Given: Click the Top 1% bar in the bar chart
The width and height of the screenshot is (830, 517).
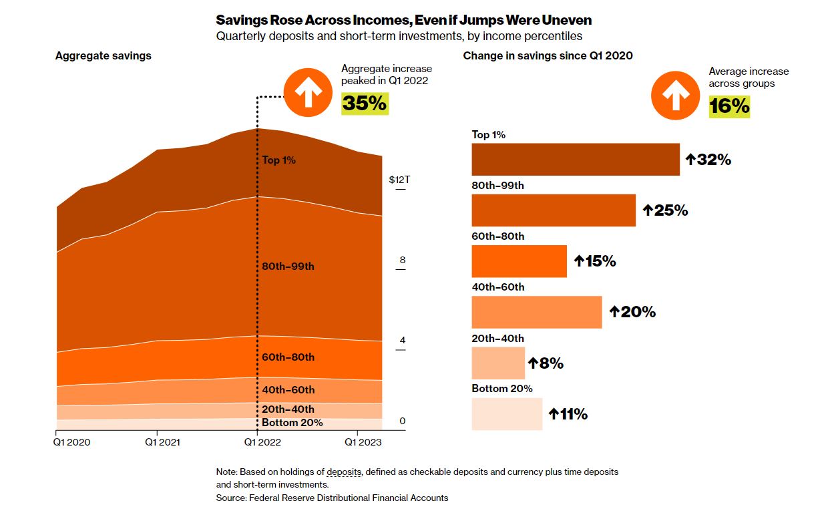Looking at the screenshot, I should [576, 160].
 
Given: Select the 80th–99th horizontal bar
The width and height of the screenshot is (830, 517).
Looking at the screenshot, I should [554, 210].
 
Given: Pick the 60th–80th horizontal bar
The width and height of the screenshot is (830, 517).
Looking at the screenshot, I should [519, 261].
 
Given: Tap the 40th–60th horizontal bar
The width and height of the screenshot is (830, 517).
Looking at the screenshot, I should [536, 312].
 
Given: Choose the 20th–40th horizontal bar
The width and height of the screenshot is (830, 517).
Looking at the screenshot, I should [498, 363].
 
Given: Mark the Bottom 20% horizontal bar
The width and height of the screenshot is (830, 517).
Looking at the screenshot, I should [507, 414].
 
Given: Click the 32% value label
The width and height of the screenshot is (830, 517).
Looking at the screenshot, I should [708, 160].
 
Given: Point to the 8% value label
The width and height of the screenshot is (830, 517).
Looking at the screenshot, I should [546, 363].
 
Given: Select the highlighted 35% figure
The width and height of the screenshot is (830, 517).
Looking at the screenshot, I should [365, 104].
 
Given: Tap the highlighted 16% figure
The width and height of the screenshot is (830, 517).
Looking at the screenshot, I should [729, 106].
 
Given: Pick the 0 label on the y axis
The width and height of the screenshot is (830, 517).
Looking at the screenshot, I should [402, 421].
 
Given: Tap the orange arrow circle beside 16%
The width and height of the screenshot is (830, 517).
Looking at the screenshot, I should [675, 96].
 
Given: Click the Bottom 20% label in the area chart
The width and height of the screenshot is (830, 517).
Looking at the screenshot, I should [292, 423].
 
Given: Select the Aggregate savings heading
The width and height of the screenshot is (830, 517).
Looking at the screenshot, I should [103, 56].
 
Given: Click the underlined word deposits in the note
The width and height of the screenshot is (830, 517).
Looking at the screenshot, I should [344, 472].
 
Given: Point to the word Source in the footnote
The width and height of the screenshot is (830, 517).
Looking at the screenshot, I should [231, 498].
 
